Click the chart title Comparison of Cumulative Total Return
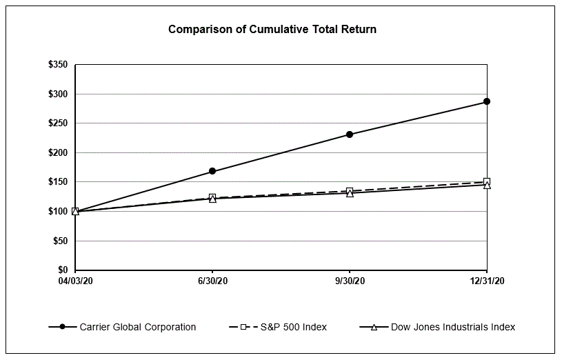pyautogui.click(x=272, y=30)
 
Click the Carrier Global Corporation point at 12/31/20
pyautogui.click(x=487, y=101)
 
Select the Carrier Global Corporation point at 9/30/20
pyautogui.click(x=350, y=134)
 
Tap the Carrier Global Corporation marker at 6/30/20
pyautogui.click(x=212, y=171)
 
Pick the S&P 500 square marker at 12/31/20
pyautogui.click(x=487, y=181)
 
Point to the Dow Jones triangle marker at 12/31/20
pyautogui.click(x=487, y=186)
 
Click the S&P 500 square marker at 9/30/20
pyautogui.click(x=350, y=191)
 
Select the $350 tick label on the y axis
pyautogui.click(x=58, y=65)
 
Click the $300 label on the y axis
pyautogui.click(x=58, y=94)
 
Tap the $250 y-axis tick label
pyautogui.click(x=58, y=123)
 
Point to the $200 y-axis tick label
pyautogui.click(x=58, y=152)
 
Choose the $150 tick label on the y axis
pyautogui.click(x=58, y=182)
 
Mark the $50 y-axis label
pyautogui.click(x=60, y=241)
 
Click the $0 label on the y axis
pyautogui.click(x=63, y=270)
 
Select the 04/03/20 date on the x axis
pyautogui.click(x=75, y=281)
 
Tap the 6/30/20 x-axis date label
pyautogui.click(x=212, y=281)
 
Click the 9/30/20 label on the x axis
pyautogui.click(x=350, y=281)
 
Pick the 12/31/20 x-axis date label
pyautogui.click(x=487, y=281)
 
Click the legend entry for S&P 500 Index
pyautogui.click(x=289, y=327)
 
